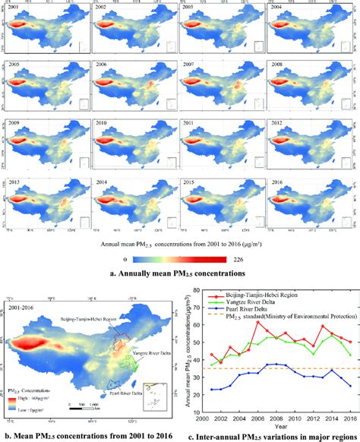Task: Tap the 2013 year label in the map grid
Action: click(14, 183)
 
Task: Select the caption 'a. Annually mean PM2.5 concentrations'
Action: click(179, 273)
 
